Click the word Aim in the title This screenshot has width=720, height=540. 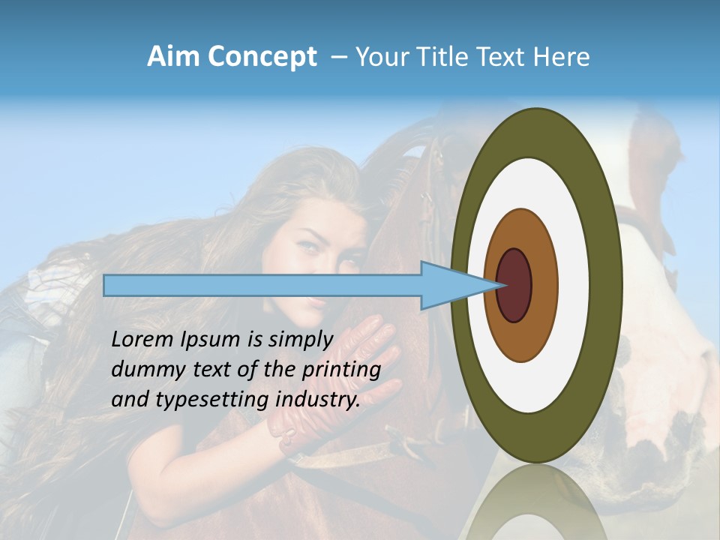[x=174, y=57]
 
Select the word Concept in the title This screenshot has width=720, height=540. [x=262, y=57]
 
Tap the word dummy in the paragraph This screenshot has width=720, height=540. [x=141, y=370]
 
